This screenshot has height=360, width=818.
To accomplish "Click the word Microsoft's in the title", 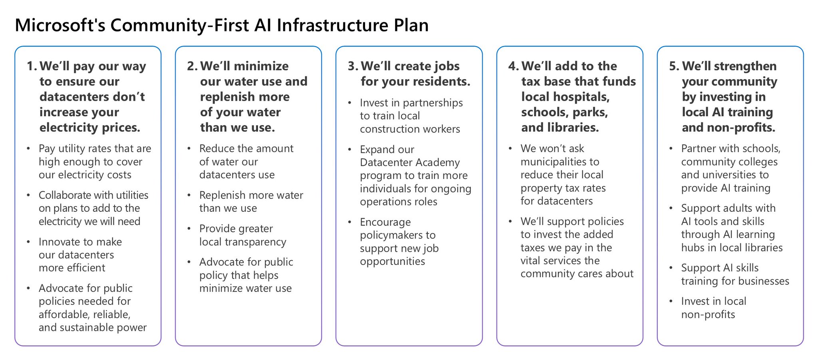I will [60, 25].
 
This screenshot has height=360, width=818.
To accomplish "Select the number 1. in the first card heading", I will [32, 66].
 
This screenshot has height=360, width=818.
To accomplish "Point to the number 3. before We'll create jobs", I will [353, 66].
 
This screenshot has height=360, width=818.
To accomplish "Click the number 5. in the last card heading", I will [674, 66].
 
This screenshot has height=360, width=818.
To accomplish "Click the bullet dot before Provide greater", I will [189, 229].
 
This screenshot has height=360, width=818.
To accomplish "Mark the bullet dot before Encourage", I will [350, 222].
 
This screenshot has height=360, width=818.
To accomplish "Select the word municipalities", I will [560, 162].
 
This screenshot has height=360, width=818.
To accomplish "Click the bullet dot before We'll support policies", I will [510, 221].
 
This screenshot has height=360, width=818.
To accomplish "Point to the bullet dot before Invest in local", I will [671, 301].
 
